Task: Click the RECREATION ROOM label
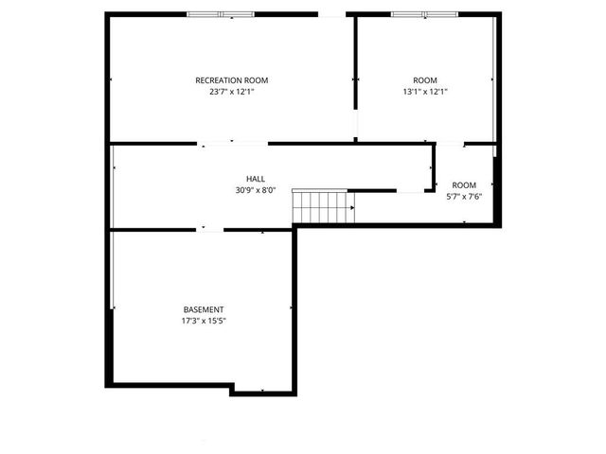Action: tap(232, 80)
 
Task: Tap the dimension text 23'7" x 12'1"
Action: tap(232, 92)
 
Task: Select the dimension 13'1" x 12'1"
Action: tap(425, 92)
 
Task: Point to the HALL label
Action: tap(256, 178)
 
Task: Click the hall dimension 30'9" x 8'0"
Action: tap(256, 189)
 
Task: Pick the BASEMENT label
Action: tap(204, 309)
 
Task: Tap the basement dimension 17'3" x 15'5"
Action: tap(204, 321)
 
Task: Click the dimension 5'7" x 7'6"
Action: tap(464, 196)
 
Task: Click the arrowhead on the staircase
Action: tap(352, 207)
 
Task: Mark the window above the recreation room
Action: tap(221, 14)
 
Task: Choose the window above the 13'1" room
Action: tap(424, 14)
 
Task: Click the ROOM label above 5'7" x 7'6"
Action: tap(464, 184)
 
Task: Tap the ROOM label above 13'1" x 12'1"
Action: tap(425, 80)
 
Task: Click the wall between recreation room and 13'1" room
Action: tap(355, 57)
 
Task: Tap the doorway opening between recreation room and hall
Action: tap(234, 144)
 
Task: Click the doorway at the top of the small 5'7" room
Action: tap(450, 144)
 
